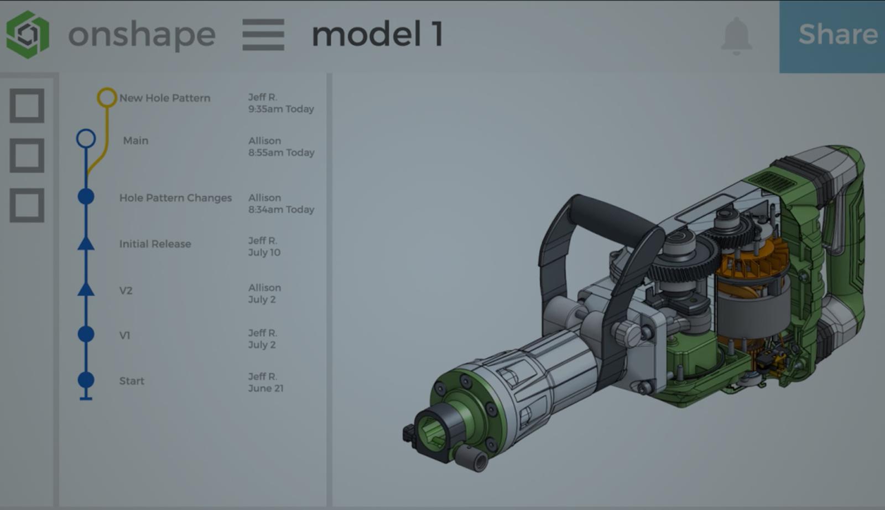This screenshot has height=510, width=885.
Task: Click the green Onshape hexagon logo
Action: pos(28,34)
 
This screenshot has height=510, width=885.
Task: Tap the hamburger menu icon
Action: pos(263,34)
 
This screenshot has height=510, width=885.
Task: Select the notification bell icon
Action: pos(736,36)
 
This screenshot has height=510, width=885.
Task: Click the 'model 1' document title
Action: pos(377,34)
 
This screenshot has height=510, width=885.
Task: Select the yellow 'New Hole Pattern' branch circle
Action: pos(107,98)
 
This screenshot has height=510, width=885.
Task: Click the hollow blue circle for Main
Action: pos(86,138)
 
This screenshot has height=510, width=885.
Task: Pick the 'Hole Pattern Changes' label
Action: pos(175,198)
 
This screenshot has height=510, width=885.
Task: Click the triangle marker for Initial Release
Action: pos(86,243)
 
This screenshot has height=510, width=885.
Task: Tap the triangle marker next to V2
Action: pos(86,289)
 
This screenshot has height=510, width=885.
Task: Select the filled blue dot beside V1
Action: pos(86,334)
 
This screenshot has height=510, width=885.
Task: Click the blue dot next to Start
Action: pos(86,380)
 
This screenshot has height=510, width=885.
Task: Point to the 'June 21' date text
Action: pos(265,388)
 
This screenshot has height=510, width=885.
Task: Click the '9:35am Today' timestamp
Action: pos(281,109)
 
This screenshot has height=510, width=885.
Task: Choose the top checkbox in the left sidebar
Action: pos(27,106)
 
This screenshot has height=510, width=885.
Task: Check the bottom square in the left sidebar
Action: pos(27,205)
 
